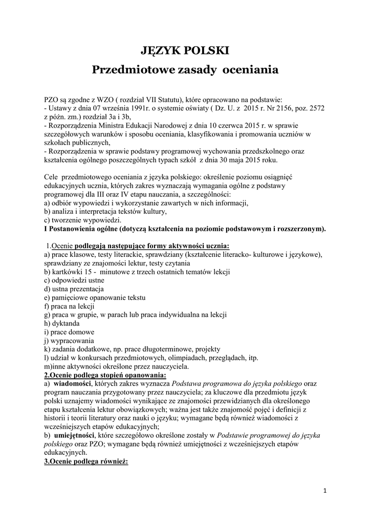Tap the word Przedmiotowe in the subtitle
click(x=128, y=70)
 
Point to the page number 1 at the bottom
click(x=325, y=493)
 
